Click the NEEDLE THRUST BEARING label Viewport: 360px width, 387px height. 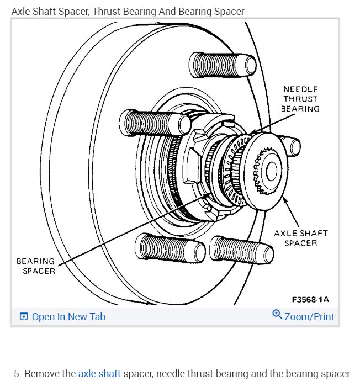pos(300,99)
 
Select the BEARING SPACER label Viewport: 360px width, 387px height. pos(35,266)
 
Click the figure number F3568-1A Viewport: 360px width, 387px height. pos(310,299)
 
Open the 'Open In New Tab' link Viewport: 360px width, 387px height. pos(68,317)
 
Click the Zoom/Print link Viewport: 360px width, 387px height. pos(309,317)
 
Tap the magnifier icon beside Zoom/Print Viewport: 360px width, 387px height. pos(277,315)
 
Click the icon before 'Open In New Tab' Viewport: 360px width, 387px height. pos(24,317)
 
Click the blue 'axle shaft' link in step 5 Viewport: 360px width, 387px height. pos(99,374)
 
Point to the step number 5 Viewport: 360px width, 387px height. pos(17,374)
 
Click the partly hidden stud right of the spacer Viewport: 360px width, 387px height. pos(295,147)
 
